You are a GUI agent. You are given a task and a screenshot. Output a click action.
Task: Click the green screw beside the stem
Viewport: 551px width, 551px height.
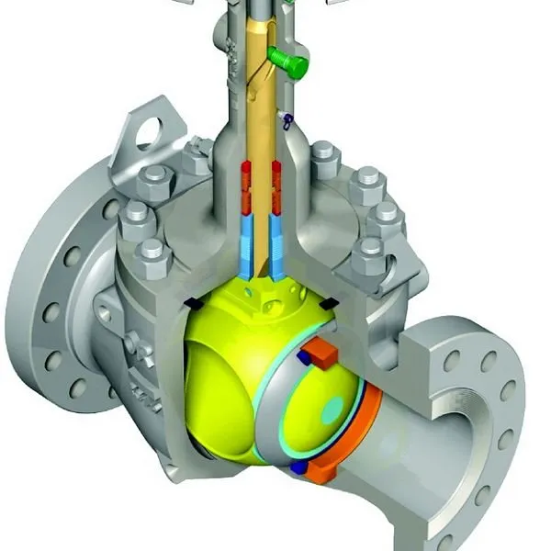[291, 63]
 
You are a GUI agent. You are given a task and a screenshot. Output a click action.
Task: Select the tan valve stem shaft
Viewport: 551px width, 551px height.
[260, 110]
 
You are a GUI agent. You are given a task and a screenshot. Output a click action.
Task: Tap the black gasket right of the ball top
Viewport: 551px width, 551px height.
[327, 301]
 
